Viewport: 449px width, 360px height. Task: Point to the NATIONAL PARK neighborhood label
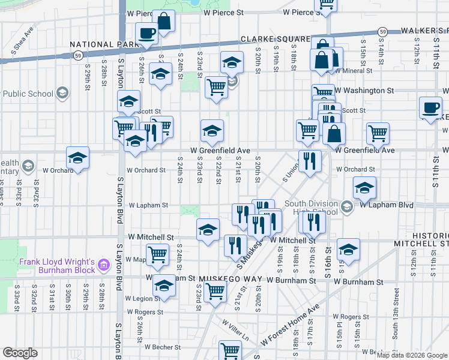coord(101,44)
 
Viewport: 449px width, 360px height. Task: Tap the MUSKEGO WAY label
coord(229,279)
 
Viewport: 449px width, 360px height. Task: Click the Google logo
coord(20,353)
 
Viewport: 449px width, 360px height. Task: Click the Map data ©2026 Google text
coord(412,355)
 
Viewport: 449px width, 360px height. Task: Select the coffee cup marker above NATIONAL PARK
coord(146,34)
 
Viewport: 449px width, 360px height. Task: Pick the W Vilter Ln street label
coord(235,329)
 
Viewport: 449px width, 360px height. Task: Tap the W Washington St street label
coord(364,91)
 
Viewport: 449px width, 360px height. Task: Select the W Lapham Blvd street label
coord(387,205)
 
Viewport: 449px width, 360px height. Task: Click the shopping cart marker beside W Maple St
coord(157,254)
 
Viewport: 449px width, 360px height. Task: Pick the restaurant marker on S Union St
coord(310,161)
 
